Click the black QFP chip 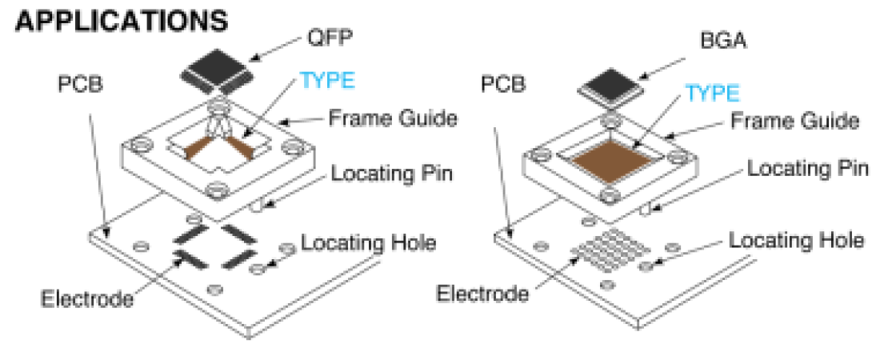pyautogui.click(x=215, y=70)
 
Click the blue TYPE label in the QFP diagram pyautogui.click(x=326, y=81)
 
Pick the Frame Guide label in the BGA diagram pyautogui.click(x=797, y=121)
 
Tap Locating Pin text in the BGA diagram pyautogui.click(x=808, y=170)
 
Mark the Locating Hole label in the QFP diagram pyautogui.click(x=369, y=242)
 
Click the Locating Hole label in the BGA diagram pyautogui.click(x=797, y=240)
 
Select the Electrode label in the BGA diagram pyautogui.click(x=482, y=293)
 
